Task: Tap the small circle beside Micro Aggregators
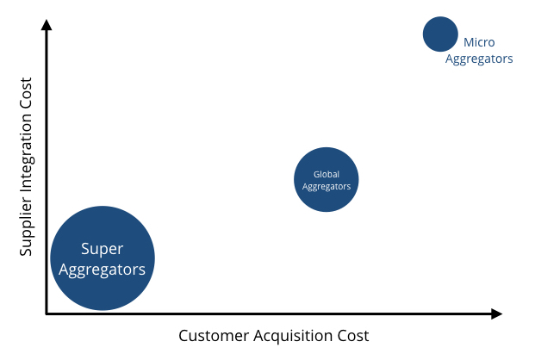coord(440,34)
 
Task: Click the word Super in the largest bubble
coord(103,249)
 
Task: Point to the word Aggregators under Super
coord(103,269)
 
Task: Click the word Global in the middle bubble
coord(326,174)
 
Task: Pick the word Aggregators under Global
coord(326,186)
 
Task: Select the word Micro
coord(479,42)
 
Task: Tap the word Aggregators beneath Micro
coord(479,59)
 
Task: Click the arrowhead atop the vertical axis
coord(47,24)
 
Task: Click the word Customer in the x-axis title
coord(212,335)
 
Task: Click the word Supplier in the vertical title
coord(27,226)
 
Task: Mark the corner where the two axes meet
coord(47,314)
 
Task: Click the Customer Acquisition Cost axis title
coord(273,335)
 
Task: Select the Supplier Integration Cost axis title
coord(27,166)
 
